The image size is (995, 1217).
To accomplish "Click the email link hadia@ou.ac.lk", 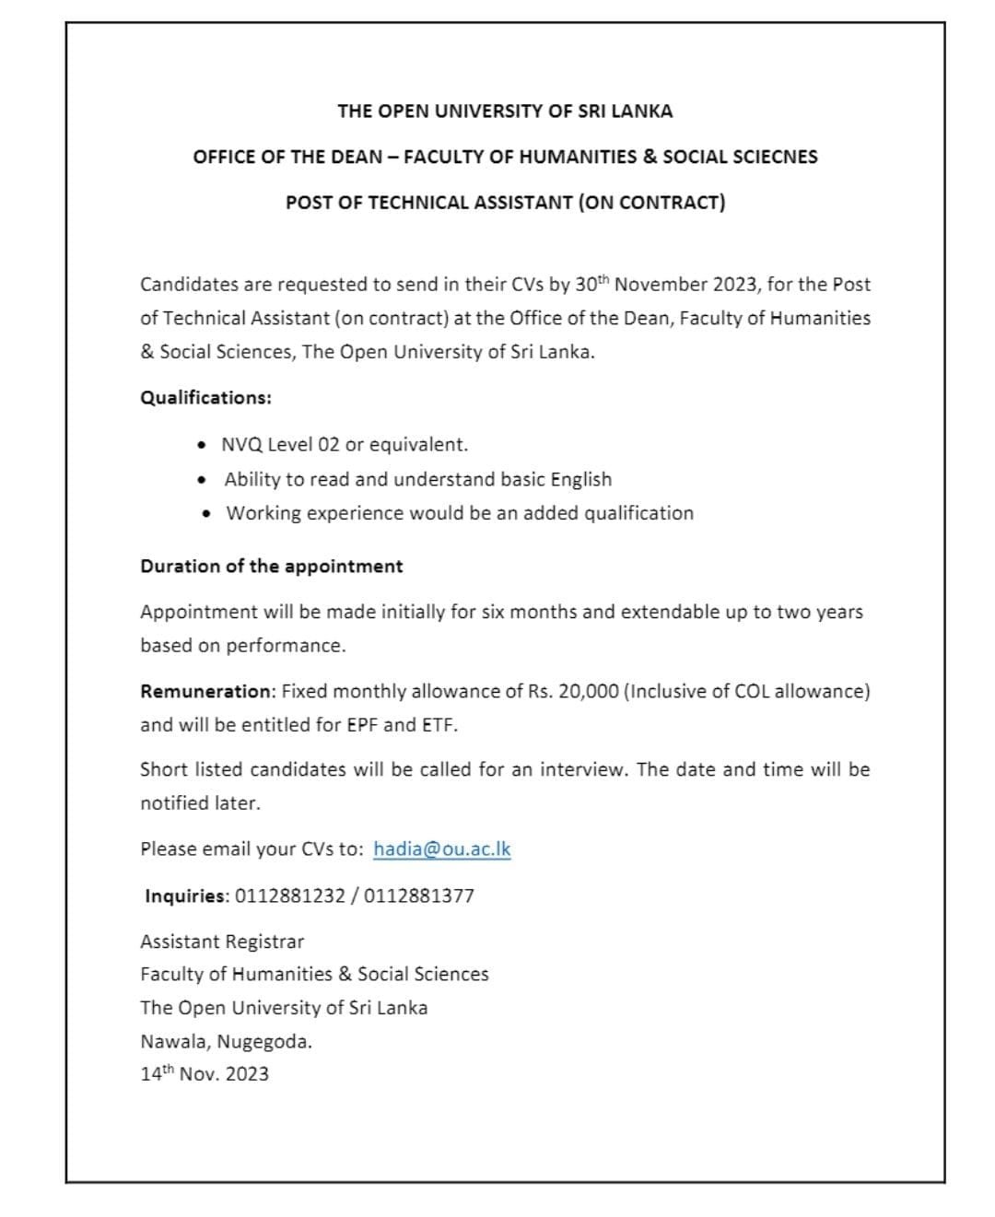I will pos(441,849).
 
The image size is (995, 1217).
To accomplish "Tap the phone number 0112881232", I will pos(290,895).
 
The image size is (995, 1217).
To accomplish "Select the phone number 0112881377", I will pos(419,895).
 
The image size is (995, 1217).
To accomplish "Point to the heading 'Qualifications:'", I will pos(205,398).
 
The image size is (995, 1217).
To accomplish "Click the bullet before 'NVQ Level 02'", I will pos(203,445).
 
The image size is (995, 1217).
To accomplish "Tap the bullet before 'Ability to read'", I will pos(203,480).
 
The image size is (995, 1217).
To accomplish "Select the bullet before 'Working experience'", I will pos(205,513).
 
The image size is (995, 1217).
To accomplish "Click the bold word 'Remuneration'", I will pos(205,691).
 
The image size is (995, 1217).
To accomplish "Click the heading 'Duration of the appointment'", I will pos(271,567).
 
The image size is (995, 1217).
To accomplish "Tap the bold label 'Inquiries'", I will pos(185,895).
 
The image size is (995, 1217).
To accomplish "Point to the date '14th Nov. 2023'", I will pos(205,1074).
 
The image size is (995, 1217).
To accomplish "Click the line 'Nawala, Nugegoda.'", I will pos(226,1042).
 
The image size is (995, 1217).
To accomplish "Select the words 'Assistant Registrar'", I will pos(222,942).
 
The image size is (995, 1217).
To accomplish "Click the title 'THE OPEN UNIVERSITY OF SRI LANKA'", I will pos(505,111).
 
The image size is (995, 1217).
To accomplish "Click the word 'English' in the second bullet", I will pos(580,480).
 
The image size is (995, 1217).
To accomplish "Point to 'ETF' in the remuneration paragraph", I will pos(437,725).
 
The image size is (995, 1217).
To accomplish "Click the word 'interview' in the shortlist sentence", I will pos(581,769).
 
